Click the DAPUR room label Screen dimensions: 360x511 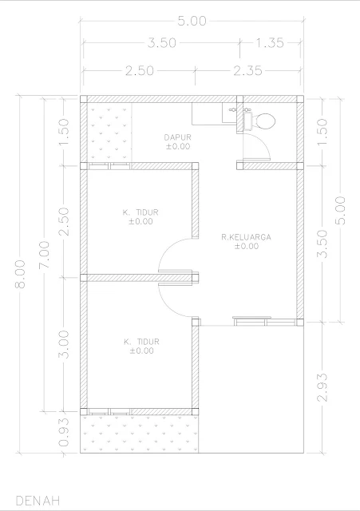click(177, 137)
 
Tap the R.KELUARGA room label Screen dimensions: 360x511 click(246, 237)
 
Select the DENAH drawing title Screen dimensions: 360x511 click(38, 501)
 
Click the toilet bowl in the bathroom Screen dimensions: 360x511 click(264, 121)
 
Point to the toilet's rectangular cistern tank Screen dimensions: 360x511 click(247, 121)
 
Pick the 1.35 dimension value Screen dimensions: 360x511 click(270, 42)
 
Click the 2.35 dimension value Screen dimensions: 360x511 click(247, 70)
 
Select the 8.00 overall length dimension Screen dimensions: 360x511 click(20, 274)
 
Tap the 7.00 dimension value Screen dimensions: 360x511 click(45, 255)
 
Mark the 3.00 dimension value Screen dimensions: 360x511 click(64, 344)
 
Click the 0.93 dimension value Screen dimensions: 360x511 click(64, 432)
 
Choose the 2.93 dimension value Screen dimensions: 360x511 click(322, 387)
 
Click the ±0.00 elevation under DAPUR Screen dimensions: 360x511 click(178, 146)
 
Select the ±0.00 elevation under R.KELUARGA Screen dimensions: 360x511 click(247, 246)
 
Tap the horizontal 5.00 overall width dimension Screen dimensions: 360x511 click(192, 22)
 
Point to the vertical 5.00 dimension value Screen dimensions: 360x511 click(340, 210)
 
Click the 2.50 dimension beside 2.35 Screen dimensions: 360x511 click(140, 70)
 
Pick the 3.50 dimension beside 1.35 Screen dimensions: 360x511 click(161, 42)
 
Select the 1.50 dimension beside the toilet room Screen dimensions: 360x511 click(322, 133)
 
